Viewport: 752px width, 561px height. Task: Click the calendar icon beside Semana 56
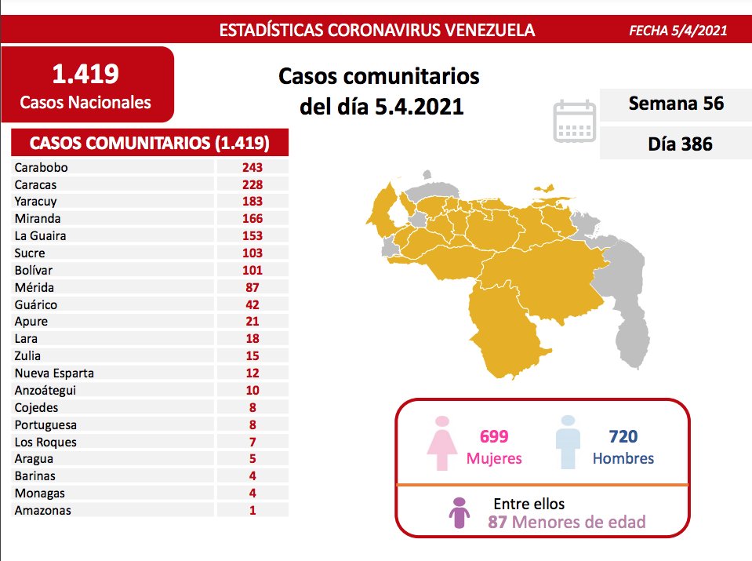click(x=575, y=122)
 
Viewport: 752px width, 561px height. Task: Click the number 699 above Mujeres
click(x=494, y=437)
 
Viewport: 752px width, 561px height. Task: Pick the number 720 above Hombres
click(x=623, y=437)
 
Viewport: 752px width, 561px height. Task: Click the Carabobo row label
click(x=42, y=167)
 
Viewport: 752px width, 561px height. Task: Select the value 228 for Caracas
click(x=252, y=184)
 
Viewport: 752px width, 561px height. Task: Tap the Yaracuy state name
click(x=35, y=202)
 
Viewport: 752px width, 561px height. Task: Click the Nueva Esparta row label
click(x=54, y=373)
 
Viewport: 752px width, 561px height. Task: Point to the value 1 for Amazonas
click(x=252, y=510)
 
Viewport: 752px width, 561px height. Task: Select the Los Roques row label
click(x=45, y=442)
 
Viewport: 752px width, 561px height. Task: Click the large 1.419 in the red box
click(x=85, y=74)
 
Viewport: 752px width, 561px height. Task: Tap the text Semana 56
click(x=675, y=104)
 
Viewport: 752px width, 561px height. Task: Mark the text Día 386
click(x=675, y=144)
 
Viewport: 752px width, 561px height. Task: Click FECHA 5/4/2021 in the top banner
click(x=678, y=31)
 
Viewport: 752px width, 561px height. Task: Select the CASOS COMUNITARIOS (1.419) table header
click(x=149, y=143)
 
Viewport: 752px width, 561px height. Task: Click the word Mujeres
click(x=494, y=459)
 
